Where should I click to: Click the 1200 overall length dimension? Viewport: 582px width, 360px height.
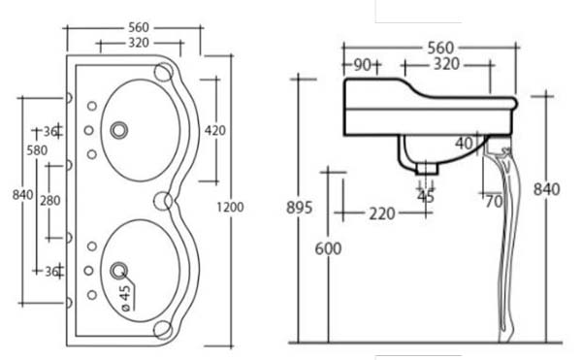point(230,207)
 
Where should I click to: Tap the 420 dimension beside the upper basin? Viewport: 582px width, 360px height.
point(215,131)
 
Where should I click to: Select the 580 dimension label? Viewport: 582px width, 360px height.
point(37,150)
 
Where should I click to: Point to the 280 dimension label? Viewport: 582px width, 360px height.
point(50,201)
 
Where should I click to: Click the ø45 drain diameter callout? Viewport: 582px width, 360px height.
point(126,298)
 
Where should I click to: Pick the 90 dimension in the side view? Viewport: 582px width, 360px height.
point(362,65)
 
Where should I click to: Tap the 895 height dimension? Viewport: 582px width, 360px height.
point(299,208)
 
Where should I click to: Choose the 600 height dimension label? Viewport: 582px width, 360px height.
point(328,248)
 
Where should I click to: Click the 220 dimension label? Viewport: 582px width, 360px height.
point(382,213)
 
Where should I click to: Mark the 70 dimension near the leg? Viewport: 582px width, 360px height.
point(494,202)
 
